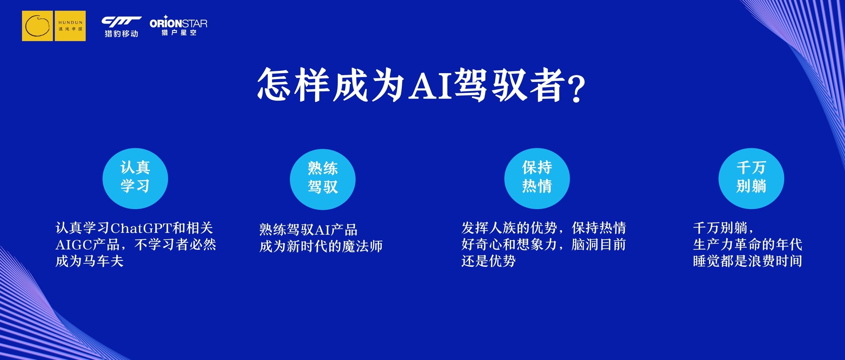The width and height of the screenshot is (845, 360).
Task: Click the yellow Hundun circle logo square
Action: click(38, 26)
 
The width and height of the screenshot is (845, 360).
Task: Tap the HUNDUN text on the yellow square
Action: click(71, 23)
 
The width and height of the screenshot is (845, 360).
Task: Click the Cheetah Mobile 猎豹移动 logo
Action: click(121, 27)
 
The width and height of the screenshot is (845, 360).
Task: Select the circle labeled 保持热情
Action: click(537, 178)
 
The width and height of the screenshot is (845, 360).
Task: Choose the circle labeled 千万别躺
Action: click(751, 178)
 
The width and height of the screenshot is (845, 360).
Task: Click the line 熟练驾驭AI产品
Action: click(308, 230)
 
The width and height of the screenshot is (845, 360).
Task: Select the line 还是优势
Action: click(488, 261)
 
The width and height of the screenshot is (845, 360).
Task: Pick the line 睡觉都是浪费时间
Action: click(748, 261)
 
